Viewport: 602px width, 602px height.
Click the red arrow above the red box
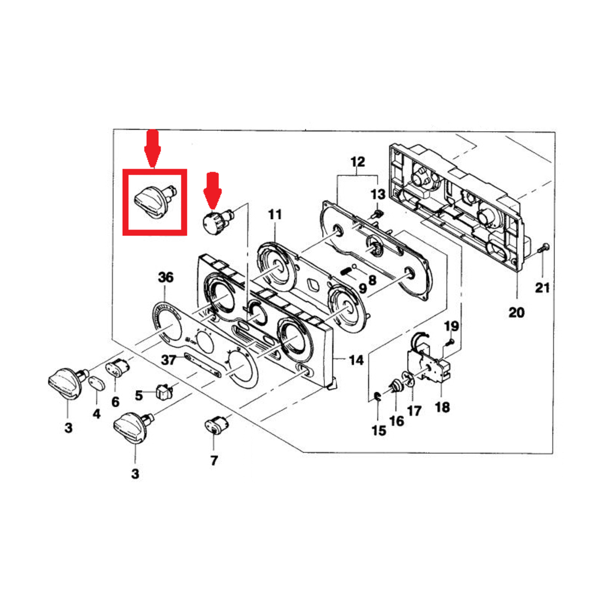152,147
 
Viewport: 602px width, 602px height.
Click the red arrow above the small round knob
212,188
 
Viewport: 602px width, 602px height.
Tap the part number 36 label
166,278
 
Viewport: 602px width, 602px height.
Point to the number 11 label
275,214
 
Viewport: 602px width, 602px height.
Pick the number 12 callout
358,162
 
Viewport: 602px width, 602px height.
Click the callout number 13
377,194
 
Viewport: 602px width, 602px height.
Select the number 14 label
356,361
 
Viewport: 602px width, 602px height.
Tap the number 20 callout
517,312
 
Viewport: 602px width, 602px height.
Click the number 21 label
543,288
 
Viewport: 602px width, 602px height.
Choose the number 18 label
442,408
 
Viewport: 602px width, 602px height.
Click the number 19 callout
451,327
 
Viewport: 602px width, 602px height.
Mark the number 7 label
214,461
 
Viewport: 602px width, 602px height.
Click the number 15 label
379,431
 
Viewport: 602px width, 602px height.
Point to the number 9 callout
362,288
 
